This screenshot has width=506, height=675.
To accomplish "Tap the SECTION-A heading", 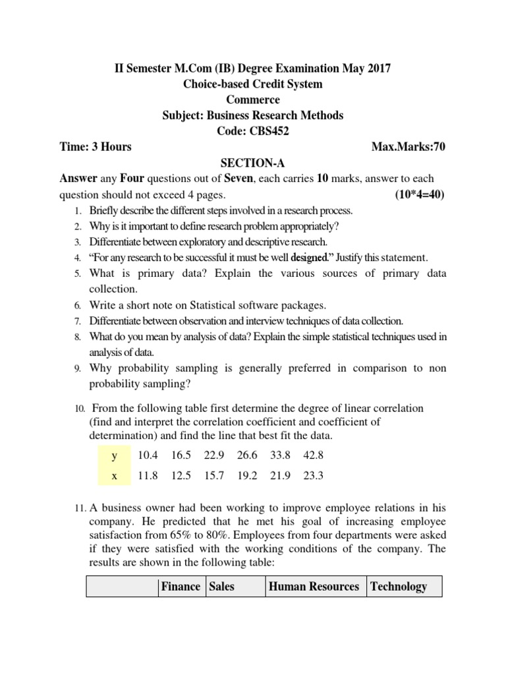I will click(x=253, y=163).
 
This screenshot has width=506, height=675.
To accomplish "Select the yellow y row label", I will click(x=114, y=455).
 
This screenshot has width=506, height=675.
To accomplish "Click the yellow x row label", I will click(x=114, y=477).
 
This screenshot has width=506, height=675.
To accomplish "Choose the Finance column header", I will click(x=181, y=586).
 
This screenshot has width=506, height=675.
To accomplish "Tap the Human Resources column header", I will click(x=314, y=586).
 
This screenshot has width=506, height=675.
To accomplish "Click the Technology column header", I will click(x=399, y=586).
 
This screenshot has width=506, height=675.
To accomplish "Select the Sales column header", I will click(x=222, y=586).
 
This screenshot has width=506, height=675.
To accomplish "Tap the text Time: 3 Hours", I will click(x=96, y=146).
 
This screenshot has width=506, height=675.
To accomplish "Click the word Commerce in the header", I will click(x=253, y=100).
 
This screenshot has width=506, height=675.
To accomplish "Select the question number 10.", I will click(x=78, y=409).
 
